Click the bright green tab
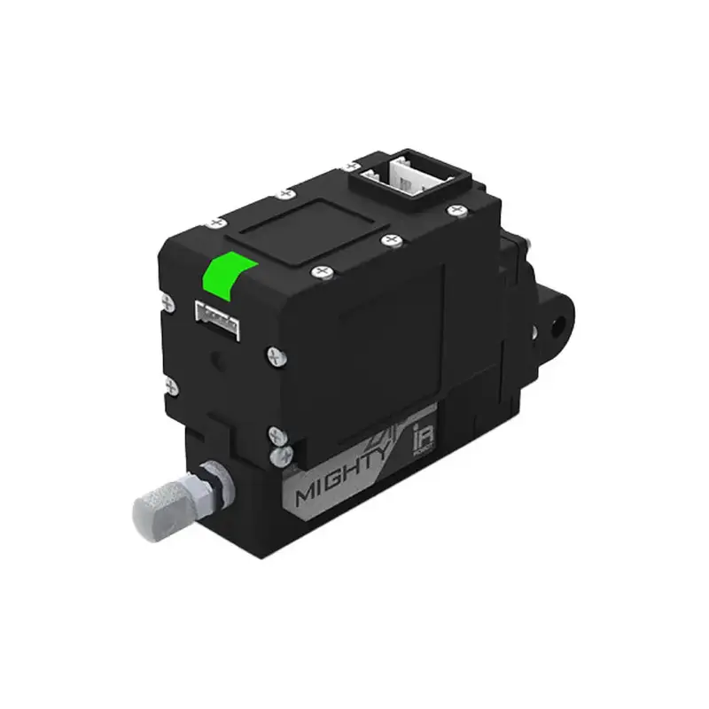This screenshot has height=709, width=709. click(x=229, y=275)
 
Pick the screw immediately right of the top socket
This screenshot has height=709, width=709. click(x=456, y=210)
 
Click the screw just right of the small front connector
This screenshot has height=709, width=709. click(x=274, y=354)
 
